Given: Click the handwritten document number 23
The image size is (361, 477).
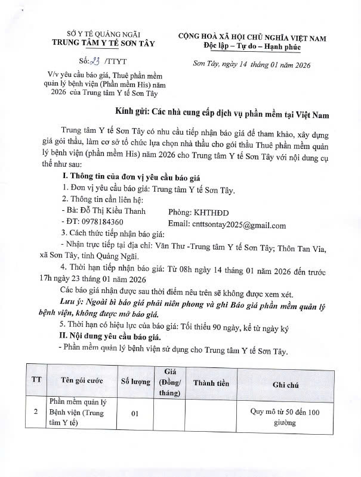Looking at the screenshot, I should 94,61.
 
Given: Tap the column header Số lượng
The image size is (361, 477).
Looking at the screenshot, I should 135,382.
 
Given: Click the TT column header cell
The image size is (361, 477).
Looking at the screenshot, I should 36,381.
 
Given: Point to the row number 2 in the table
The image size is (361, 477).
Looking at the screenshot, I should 36,411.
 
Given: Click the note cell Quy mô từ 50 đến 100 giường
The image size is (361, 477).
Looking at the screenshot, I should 286,416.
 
